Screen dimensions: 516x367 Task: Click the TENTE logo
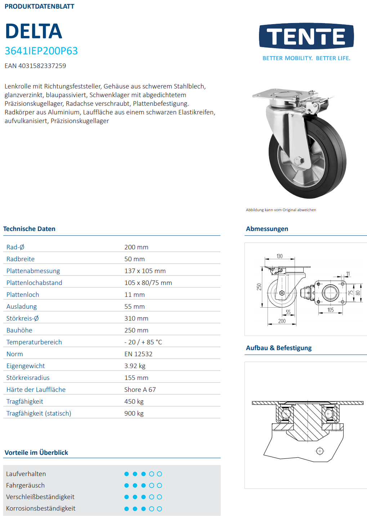306,36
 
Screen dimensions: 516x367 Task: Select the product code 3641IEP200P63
41,51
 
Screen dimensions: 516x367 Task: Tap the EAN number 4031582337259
35,66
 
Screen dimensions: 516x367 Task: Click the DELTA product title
33,31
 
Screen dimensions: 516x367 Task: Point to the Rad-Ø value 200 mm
136,247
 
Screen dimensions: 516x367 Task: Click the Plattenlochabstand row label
34,283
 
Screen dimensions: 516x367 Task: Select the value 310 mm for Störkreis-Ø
136,318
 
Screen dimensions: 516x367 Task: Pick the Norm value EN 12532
138,354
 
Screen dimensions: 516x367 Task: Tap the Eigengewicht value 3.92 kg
135,366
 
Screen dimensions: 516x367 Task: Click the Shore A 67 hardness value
140,390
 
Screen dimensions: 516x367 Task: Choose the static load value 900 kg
134,413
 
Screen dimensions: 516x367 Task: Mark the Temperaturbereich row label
34,342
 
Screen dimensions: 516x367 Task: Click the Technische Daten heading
29,229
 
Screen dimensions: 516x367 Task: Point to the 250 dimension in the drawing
259,287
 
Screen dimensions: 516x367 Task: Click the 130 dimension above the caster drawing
279,256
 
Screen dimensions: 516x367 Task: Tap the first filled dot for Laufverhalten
126,474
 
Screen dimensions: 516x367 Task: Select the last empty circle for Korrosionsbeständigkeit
160,509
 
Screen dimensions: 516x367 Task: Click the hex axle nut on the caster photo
299,160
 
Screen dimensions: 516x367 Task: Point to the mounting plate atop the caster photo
277,94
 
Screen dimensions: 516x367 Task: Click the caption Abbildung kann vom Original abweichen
281,210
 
